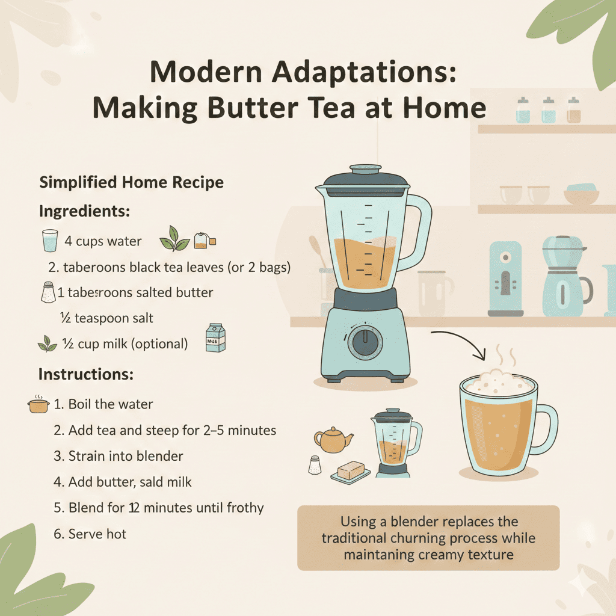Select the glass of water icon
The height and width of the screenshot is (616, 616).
[x=51, y=241]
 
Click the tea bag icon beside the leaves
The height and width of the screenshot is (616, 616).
[x=202, y=241]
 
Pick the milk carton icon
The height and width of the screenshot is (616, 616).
[x=215, y=337]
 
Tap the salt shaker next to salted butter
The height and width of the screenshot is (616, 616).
[x=48, y=293]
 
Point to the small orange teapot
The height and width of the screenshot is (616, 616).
[x=333, y=440]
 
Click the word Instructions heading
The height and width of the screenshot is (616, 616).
[x=85, y=374]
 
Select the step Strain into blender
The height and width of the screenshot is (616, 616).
[x=119, y=456]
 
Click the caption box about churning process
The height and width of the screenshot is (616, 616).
[x=428, y=538]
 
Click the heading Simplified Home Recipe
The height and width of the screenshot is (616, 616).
[x=131, y=182]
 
